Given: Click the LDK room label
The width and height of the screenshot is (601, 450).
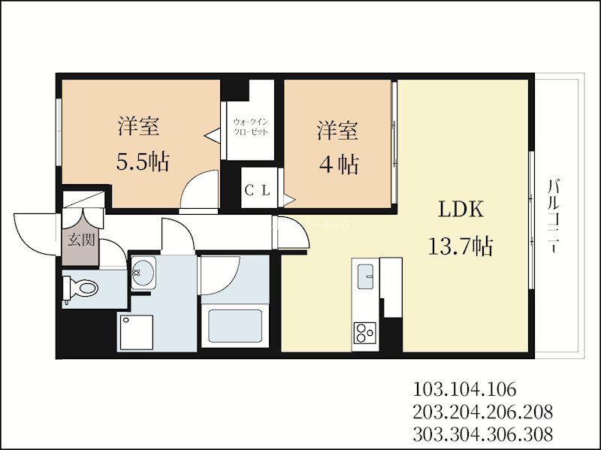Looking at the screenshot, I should point(460,210).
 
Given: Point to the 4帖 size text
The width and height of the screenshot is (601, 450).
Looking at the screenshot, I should point(337,164).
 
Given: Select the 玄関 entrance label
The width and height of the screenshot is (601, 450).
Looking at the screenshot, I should point(80,241).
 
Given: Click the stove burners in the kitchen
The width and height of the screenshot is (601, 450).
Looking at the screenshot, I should point(366,331).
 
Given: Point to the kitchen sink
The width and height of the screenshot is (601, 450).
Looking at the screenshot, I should point(367,276).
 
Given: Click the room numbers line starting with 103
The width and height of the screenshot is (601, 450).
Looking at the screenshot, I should point(465,390).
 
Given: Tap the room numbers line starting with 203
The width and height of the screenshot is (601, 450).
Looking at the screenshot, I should point(483,412).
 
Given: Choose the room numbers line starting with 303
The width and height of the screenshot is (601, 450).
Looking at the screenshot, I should point(483,433).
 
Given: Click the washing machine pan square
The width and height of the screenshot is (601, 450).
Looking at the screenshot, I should point(135,331).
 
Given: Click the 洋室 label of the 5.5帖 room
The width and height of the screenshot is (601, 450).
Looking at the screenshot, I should point(138,127).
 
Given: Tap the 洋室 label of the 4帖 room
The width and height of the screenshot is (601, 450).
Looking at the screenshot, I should point(337,130).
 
